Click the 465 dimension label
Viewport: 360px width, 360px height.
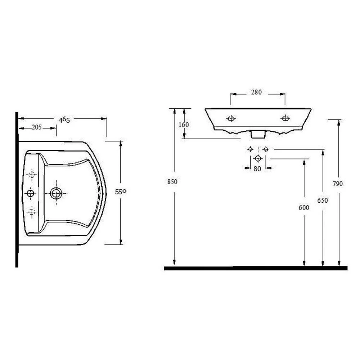[x=64, y=120]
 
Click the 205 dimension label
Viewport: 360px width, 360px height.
[x=37, y=127]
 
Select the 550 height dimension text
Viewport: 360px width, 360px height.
[x=120, y=192]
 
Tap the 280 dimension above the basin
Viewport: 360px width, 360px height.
[x=256, y=92]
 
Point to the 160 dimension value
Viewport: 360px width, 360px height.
[x=184, y=125]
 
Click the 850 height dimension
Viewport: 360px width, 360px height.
[x=172, y=182]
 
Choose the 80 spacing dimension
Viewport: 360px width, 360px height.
[x=257, y=168]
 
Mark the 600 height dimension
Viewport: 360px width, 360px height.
[x=304, y=208]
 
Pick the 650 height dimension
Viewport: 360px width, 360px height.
[x=323, y=201]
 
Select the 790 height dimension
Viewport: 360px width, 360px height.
[x=338, y=184]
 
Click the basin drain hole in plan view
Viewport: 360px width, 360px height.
[x=56, y=193]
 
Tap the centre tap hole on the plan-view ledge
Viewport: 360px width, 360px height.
[x=30, y=193]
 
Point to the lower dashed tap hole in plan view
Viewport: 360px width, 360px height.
[x=32, y=212]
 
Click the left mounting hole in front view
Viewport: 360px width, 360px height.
[x=231, y=118]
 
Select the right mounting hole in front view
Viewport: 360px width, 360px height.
[x=285, y=118]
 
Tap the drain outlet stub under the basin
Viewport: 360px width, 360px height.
[x=258, y=134]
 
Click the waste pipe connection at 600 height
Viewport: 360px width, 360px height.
[x=258, y=158]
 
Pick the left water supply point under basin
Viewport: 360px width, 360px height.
[x=250, y=149]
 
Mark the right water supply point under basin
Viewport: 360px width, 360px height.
[x=265, y=149]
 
